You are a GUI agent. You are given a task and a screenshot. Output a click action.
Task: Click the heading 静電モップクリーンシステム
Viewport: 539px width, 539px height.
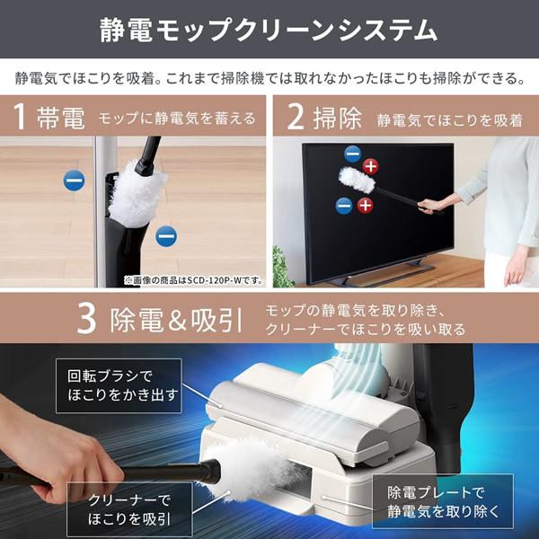[x=269, y=32]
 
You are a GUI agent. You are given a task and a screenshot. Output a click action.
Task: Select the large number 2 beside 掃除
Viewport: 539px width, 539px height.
[x=296, y=118]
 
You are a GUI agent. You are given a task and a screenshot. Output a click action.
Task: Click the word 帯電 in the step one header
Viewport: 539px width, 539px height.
[x=58, y=118]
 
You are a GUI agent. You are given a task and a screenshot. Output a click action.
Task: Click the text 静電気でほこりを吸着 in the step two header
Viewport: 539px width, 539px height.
[x=449, y=119]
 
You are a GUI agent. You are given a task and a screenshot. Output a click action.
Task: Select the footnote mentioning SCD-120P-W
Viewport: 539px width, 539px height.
[x=192, y=280]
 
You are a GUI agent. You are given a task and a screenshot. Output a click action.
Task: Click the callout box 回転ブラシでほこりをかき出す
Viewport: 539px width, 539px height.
[x=118, y=384]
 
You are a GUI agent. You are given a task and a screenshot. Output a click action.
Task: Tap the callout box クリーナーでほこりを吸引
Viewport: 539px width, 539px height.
[x=130, y=508]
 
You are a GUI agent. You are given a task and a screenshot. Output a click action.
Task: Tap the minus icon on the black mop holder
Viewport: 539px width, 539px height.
[x=165, y=236]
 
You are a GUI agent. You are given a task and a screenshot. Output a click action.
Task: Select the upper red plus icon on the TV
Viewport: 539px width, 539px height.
[x=372, y=165]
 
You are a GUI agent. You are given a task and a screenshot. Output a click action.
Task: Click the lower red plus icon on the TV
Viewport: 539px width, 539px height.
[x=365, y=206]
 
